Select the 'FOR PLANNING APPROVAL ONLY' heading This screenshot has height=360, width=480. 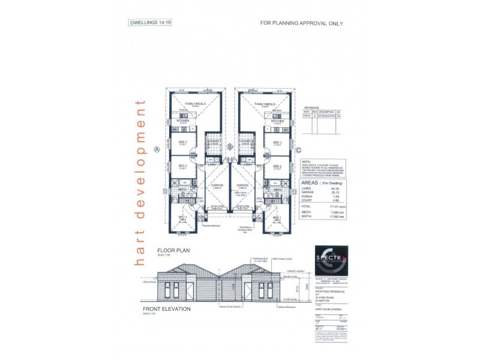pyautogui.click(x=301, y=23)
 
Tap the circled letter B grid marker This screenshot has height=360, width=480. pyautogui.click(x=230, y=146)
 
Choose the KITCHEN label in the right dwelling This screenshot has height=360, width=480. pyautogui.click(x=277, y=121)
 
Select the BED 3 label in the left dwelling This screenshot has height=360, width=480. pyautogui.click(x=183, y=142)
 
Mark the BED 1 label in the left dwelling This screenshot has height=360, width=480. pyautogui.click(x=183, y=219)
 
